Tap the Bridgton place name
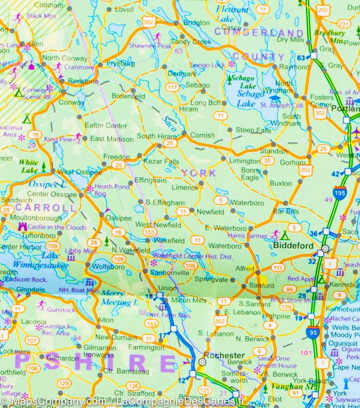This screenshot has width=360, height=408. pos(197,23)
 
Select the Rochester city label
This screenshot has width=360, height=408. pos(224,355)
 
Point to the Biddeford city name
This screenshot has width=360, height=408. pos(293,246)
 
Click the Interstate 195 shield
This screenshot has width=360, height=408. pos(339,193)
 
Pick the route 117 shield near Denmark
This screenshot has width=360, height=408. pos(173,88)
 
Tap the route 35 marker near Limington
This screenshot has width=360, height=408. pos(267,161)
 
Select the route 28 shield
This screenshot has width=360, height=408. pos(94,243)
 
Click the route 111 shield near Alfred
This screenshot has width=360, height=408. pos(278,268)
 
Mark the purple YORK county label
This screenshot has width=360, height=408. pos(199,173)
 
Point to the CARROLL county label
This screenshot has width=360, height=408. pos(45,208)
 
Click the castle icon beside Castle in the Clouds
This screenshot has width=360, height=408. pos(22,227)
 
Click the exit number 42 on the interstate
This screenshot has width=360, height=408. pos(335,173)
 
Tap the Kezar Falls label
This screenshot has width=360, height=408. pos(161,162)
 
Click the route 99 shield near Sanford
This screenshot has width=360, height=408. pos(290,289)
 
